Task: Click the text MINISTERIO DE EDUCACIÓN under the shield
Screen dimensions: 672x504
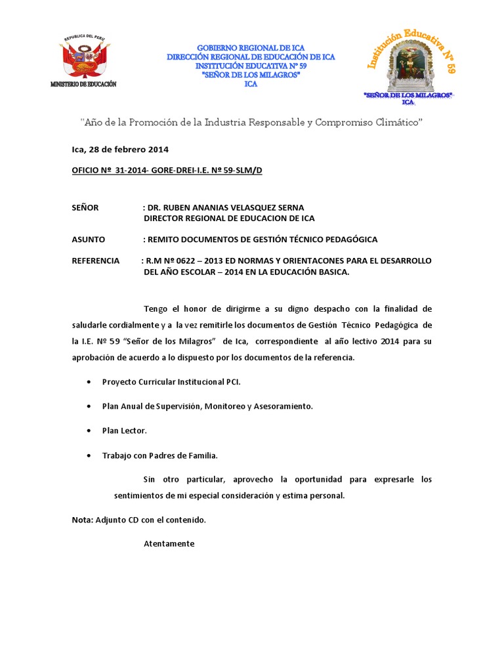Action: pos(83,85)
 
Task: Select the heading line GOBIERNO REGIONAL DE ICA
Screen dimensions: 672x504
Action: pos(251,49)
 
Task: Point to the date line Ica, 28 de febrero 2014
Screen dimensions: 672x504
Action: pos(120,149)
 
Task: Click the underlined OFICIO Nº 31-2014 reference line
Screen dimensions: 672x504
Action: pos(167,171)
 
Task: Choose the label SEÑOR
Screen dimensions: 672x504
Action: pos(85,207)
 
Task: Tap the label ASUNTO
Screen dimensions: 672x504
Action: pos(88,240)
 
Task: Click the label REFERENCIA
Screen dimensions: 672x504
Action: pos(96,261)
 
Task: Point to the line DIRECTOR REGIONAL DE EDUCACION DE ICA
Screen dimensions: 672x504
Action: pos(229,218)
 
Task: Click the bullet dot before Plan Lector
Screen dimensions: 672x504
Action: pos(88,431)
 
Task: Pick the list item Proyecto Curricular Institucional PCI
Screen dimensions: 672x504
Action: pos(176,382)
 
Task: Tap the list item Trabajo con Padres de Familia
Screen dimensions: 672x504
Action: pos(160,455)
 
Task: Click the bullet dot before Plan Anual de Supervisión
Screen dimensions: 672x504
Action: pos(88,407)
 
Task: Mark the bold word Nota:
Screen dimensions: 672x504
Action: pos(83,520)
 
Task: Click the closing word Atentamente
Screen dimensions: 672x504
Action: pos(169,543)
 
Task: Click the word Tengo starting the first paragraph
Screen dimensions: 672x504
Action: pos(156,308)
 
